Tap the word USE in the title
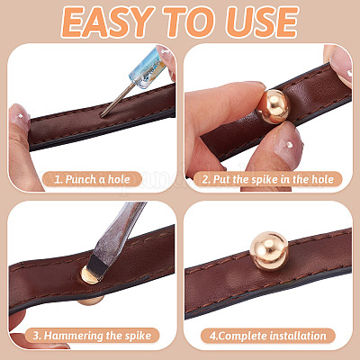tap(262, 22)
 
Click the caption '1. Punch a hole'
tap(93, 179)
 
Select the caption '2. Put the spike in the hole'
tap(267, 179)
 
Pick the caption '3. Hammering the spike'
tap(92, 336)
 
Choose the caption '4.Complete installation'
tap(267, 336)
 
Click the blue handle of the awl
tap(148, 67)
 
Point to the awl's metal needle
tap(117, 100)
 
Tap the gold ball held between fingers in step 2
tap(274, 106)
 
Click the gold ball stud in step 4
tap(269, 251)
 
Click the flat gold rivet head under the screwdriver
tap(89, 275)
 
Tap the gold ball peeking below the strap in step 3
tap(91, 300)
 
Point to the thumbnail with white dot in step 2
tap(285, 145)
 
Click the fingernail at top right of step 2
tap(341, 66)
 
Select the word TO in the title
tap(191, 22)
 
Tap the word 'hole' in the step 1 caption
tap(119, 179)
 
